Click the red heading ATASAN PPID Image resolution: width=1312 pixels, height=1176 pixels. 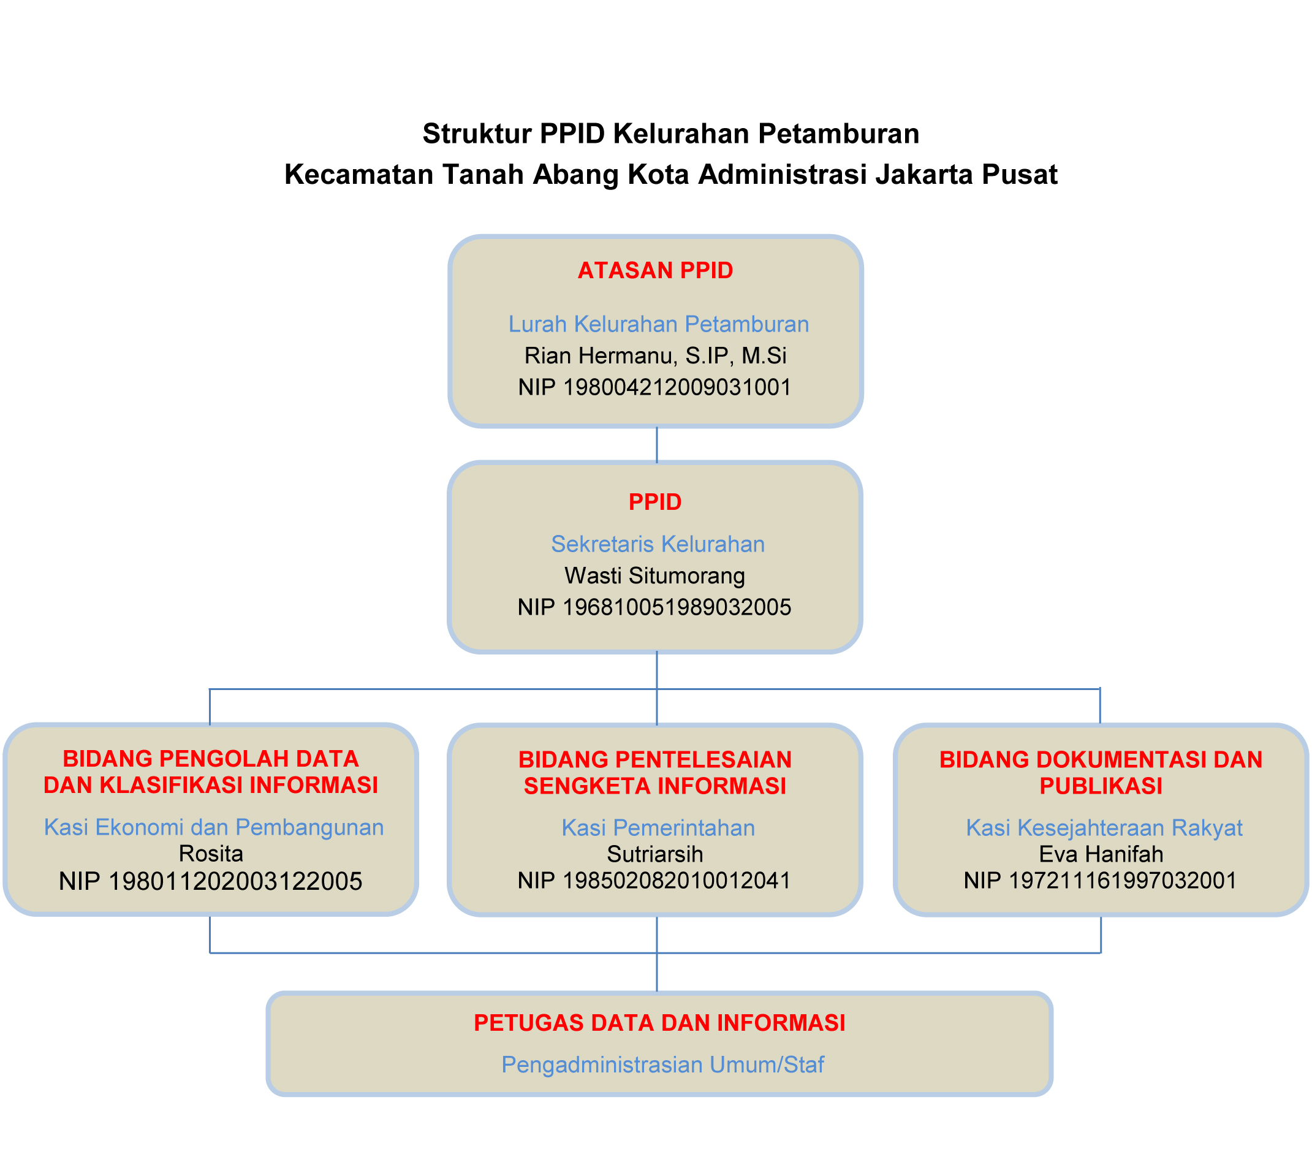(x=655, y=270)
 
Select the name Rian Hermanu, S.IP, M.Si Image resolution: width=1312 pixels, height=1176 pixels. (x=655, y=355)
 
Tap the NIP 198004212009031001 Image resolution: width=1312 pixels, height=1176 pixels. (x=655, y=387)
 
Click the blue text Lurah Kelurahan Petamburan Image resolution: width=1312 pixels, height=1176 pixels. (x=658, y=324)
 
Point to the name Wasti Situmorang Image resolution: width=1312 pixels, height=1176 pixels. (x=655, y=575)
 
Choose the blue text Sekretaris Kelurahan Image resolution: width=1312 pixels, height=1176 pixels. (x=658, y=544)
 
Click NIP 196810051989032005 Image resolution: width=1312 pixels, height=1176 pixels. (x=654, y=607)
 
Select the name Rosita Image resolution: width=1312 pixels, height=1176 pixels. (x=211, y=854)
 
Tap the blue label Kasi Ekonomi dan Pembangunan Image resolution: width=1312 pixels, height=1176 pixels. (x=214, y=827)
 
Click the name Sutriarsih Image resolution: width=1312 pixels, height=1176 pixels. (x=655, y=854)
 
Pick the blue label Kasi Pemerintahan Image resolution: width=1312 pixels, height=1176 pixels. (x=658, y=828)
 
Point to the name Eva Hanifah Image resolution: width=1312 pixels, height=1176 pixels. (x=1101, y=854)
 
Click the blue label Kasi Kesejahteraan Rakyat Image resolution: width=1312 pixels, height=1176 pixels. (x=1104, y=828)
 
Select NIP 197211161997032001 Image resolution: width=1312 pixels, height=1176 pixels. (x=1100, y=880)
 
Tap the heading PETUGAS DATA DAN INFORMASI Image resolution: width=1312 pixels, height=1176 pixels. (x=659, y=1023)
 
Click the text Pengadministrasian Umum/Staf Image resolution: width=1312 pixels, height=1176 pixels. (x=663, y=1064)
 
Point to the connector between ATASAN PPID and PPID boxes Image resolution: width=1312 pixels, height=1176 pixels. (x=657, y=444)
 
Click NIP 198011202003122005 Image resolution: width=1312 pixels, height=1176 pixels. (x=211, y=881)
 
